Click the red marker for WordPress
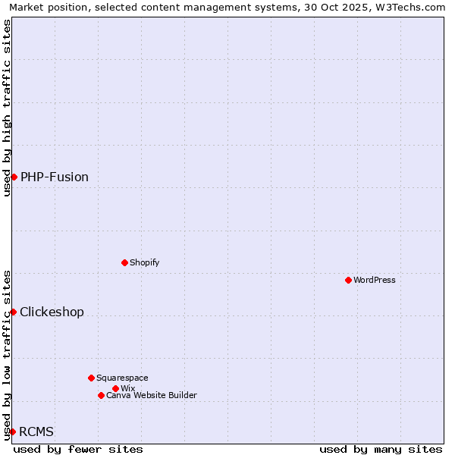click(348, 280)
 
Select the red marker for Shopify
click(124, 262)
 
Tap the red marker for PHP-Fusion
click(14, 177)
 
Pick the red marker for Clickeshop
click(13, 312)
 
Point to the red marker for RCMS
click(12, 431)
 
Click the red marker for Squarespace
click(91, 378)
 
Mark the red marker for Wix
click(115, 388)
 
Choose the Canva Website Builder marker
click(101, 395)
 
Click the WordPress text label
click(375, 280)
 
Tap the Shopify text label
click(144, 262)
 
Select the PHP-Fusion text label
click(55, 177)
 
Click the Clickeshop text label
click(52, 312)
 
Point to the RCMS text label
click(36, 431)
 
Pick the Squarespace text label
click(122, 378)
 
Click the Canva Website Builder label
click(152, 395)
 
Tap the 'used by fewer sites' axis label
click(78, 449)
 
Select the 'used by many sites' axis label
click(381, 449)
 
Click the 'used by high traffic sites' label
click(7, 108)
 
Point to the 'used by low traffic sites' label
click(7, 354)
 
